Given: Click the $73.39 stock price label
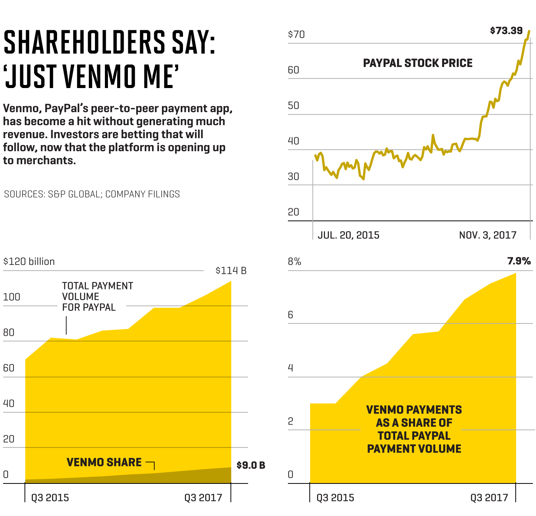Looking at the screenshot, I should tap(506, 31).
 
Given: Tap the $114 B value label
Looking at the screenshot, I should tap(231, 271).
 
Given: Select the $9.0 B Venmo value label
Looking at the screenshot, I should tap(251, 465).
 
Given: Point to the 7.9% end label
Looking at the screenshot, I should tap(519, 261).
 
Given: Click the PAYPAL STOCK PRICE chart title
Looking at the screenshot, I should tap(418, 63).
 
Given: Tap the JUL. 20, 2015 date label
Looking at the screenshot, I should tap(348, 235).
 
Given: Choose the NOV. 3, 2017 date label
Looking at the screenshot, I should tap(488, 235).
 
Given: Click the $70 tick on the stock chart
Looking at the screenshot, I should tap(296, 34).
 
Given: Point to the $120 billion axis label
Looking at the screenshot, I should tap(29, 261).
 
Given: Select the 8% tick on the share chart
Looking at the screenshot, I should tap(294, 261).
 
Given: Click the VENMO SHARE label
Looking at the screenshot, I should tap(104, 462).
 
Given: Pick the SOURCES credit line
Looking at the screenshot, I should tap(92, 194).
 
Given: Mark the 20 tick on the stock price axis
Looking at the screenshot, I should tap(293, 212).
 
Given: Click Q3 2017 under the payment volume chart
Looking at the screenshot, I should tap(203, 498).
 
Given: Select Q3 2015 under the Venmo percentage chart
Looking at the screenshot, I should tap(335, 498).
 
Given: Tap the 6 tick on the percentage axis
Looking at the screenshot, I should tap(291, 315).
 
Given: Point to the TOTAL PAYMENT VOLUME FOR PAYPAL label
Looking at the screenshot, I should tap(97, 297).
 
